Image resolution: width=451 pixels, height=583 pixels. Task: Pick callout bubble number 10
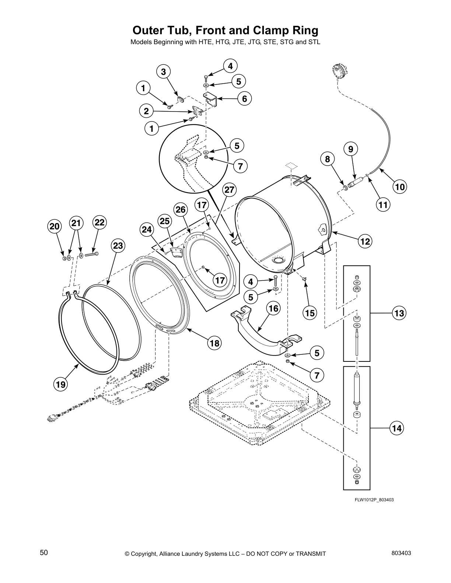point(400,187)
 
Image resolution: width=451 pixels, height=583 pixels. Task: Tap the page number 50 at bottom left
point(44,552)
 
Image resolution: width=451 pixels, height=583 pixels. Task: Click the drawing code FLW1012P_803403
point(371,500)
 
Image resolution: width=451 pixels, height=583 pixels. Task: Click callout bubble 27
point(229,190)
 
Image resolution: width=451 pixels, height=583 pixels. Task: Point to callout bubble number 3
point(163,71)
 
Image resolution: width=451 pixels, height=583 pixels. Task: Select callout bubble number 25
point(165,221)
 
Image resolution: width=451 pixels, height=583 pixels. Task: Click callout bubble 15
point(310,313)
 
